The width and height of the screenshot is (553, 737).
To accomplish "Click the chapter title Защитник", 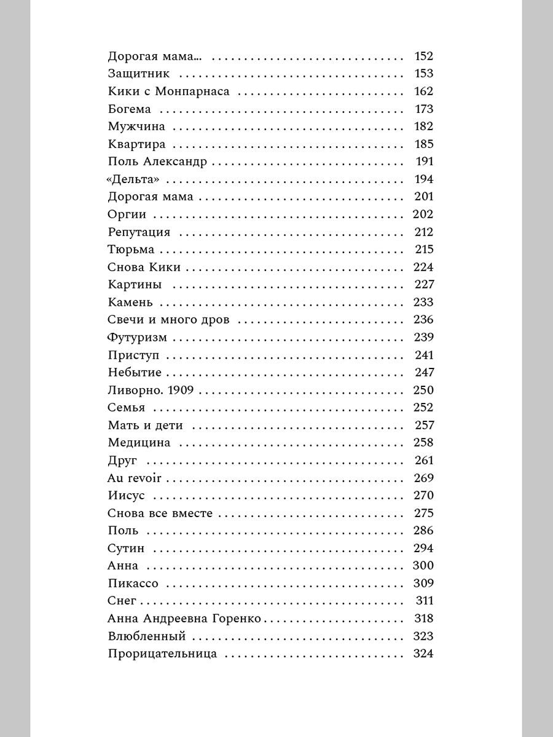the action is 139,74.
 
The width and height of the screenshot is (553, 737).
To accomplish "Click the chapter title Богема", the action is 129,109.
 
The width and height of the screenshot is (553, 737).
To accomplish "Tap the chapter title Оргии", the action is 127,215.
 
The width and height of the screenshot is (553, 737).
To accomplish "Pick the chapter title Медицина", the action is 139,443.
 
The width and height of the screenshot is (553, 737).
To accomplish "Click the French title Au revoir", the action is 134,478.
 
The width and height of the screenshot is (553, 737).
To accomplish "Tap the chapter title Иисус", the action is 126,496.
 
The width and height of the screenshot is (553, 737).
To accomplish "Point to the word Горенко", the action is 237,618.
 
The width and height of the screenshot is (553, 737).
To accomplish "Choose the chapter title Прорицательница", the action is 162,654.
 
